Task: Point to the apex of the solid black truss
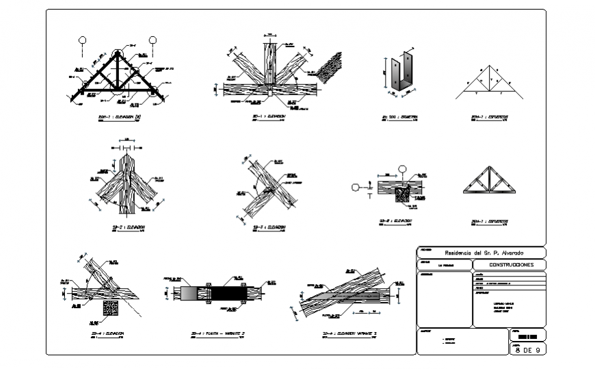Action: [118, 53]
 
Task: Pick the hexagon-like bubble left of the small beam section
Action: [356, 186]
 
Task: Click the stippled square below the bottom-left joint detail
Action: [111, 307]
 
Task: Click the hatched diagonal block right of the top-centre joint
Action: [329, 67]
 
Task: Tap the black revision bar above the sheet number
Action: [528, 338]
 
